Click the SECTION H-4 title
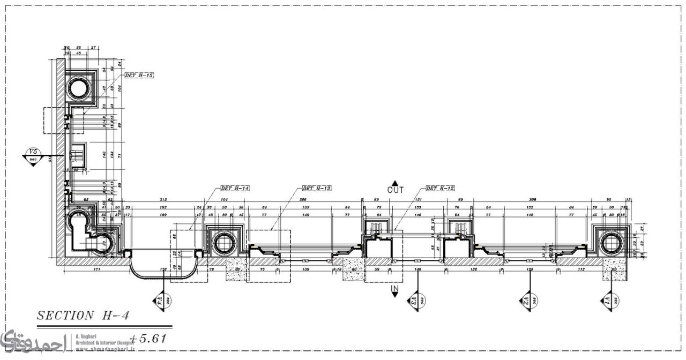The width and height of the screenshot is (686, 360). pos(83,316)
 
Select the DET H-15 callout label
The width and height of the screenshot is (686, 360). pos(139,76)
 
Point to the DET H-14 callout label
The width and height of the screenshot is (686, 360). pos(235,189)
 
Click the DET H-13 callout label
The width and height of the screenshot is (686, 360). pos(317,189)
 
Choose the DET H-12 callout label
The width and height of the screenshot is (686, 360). pos(440,189)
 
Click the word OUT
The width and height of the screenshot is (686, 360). pos(395,190)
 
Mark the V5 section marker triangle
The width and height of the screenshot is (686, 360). pos(33,157)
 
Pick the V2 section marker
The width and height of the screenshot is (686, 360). pos(527,302)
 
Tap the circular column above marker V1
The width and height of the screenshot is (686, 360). pos(609,243)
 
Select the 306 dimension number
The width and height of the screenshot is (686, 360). pos(302,199)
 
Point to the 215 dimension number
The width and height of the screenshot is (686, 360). pos(163,199)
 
